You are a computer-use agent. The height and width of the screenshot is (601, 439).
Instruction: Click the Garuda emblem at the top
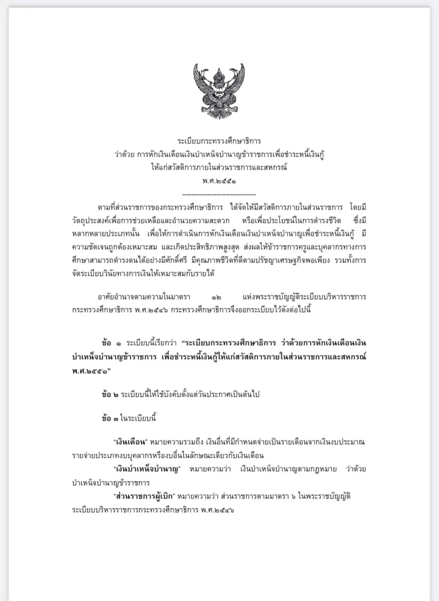click(219, 89)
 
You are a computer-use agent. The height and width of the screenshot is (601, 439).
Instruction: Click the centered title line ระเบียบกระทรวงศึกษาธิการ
click(219, 142)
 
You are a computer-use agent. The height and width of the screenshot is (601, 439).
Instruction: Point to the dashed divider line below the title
click(219, 193)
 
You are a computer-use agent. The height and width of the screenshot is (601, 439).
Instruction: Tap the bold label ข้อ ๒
click(110, 394)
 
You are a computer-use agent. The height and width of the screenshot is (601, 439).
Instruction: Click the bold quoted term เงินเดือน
click(130, 441)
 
